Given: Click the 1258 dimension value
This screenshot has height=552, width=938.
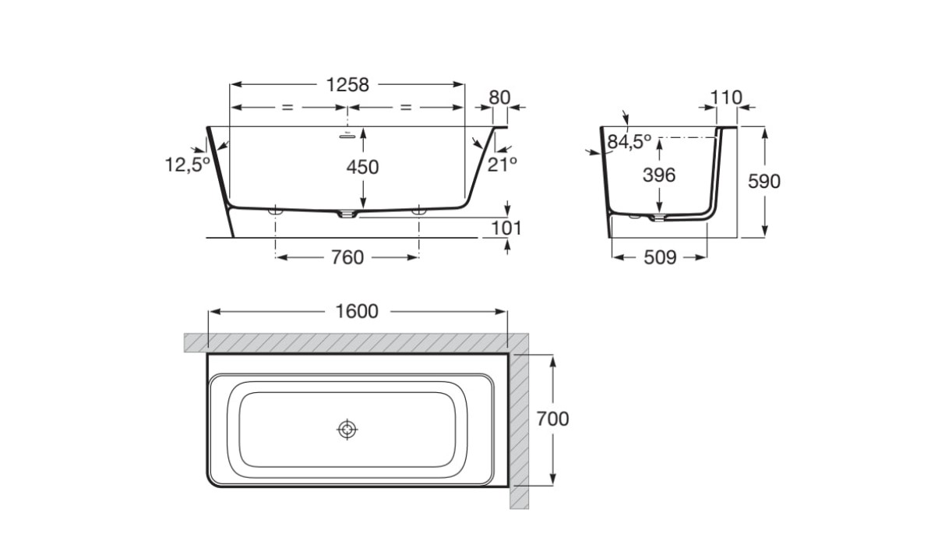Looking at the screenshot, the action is pos(347,85).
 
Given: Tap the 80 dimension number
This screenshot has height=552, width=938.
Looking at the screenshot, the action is pos(499,97).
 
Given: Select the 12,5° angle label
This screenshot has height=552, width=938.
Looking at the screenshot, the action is pos(187,165).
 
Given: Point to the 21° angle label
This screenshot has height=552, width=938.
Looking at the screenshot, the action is pos(502,165).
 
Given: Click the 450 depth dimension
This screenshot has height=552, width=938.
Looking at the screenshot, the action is pos(362,167).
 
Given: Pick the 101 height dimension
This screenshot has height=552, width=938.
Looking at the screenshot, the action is pos(506,228).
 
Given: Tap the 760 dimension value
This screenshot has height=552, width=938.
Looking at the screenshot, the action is pos(347,257).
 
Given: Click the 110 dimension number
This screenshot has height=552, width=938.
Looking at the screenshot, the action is pos(726,97).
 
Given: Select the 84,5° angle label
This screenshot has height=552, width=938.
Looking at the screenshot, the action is pos(629,142).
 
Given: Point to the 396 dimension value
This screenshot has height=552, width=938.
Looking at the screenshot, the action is pos(659,175).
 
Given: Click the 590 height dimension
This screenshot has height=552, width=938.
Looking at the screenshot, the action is pos(764,182).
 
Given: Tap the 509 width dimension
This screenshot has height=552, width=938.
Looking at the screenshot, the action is pos(660,257).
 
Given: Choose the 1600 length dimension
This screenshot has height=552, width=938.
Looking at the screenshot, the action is pos(357,311).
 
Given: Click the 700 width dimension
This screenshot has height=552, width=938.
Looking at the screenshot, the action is pos(553,419).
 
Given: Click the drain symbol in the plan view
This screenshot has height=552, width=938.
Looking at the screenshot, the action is pos(347,429).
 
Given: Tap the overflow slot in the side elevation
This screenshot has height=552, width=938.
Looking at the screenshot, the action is pos(347,136).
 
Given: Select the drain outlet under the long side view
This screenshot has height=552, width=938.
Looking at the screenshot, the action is pos(347,214).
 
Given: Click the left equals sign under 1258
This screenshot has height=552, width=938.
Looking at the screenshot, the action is pos(287,108).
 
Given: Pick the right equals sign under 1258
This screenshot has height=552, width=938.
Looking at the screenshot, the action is pos(406,108).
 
